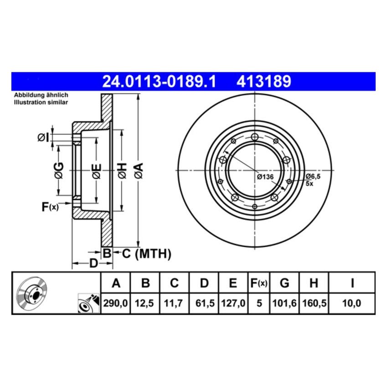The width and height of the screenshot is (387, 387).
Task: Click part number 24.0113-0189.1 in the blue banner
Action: (159, 82)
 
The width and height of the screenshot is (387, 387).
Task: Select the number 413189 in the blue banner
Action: (263, 82)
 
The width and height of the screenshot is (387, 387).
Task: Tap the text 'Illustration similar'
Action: (41, 102)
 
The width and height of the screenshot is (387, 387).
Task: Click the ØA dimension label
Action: (138, 170)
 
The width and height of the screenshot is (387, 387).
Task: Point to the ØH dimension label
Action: (121, 170)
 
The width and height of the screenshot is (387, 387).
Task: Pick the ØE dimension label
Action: (96, 170)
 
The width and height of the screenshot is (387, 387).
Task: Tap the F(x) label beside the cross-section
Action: (50, 207)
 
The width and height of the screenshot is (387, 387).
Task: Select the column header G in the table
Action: (284, 283)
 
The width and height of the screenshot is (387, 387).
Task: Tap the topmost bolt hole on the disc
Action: (255, 136)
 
